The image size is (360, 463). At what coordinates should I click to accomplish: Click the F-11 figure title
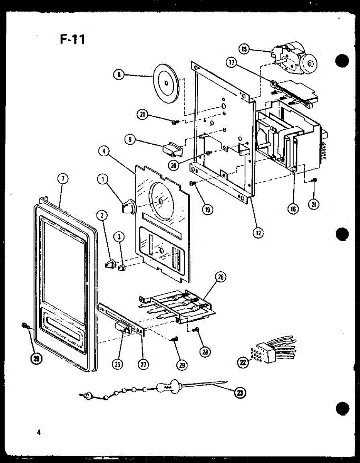click(72, 39)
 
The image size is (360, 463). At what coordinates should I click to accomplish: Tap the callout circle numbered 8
click(119, 74)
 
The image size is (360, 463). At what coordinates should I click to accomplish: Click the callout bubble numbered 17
click(232, 64)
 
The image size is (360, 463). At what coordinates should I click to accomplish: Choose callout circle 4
click(103, 151)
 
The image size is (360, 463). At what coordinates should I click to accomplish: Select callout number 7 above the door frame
click(62, 178)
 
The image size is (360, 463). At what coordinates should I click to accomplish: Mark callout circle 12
click(258, 232)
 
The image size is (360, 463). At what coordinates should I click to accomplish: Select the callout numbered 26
click(221, 277)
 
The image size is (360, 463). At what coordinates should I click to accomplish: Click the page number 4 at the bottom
click(39, 432)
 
